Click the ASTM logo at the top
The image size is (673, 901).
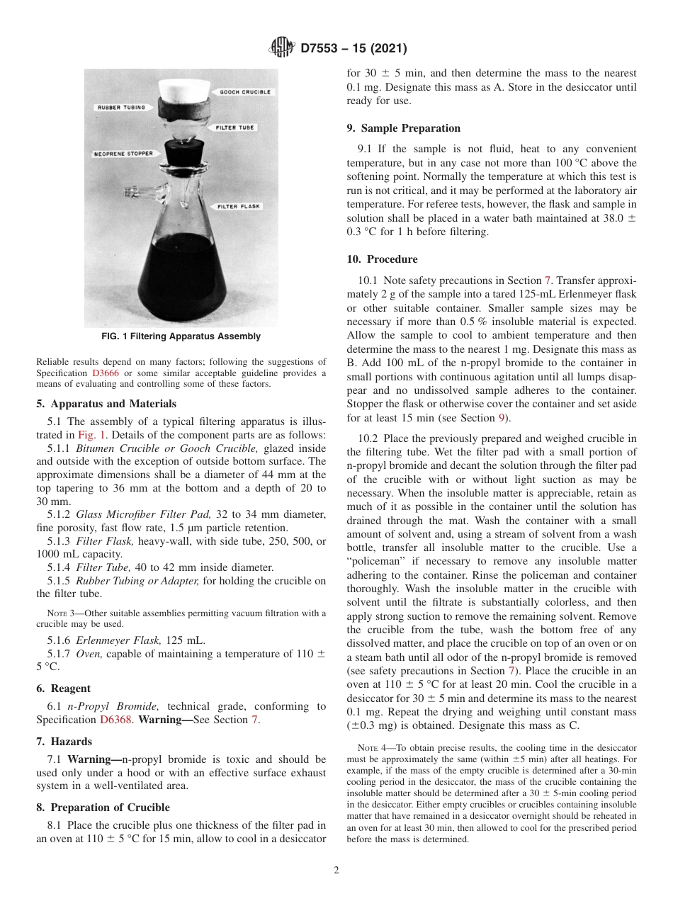(282, 48)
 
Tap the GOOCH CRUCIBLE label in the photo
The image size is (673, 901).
(245, 92)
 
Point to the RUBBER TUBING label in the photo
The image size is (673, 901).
(120, 107)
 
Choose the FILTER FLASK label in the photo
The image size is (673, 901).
(239, 207)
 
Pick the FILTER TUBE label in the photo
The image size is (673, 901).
(237, 127)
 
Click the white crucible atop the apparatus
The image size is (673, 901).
(183, 89)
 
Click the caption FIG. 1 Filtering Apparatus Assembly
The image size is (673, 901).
(181, 336)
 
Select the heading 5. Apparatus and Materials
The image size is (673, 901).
(106, 404)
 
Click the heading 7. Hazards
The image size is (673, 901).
(64, 742)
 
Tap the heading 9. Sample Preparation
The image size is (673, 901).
(403, 128)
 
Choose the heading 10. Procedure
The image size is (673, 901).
(382, 259)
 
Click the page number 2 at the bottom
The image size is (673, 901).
(336, 871)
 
